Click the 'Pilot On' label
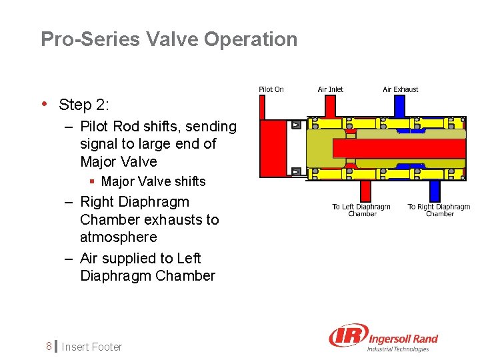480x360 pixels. coord(271,89)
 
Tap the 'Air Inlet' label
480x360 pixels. coord(330,89)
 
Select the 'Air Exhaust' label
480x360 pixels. coord(400,89)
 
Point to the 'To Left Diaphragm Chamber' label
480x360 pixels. coord(362,210)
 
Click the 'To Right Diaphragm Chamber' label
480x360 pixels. coord(439,210)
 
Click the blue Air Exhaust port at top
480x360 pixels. coord(399,105)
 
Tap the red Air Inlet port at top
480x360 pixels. coord(330,105)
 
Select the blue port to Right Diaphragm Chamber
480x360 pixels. coord(435,191)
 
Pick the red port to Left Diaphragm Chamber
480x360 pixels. coord(365,191)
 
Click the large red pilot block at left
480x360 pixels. coord(275,147)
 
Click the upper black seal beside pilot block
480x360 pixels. coord(297,125)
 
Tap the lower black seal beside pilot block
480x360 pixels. coord(297,171)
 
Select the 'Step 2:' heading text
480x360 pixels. coord(84,105)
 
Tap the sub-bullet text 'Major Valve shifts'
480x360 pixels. coord(153,181)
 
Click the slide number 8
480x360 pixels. coord(48,347)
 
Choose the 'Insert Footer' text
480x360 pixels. coord(92,347)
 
